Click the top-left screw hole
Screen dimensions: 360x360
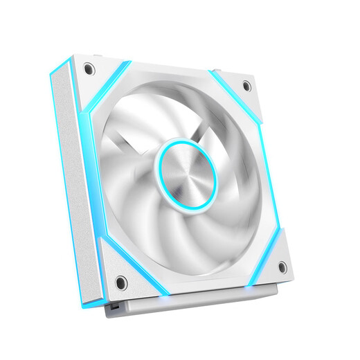[89, 69]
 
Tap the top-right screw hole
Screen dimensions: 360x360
[246, 86]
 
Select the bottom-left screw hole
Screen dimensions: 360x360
[120, 282]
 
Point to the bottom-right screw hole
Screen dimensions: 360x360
[282, 267]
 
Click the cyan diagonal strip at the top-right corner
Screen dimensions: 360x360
[235, 91]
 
